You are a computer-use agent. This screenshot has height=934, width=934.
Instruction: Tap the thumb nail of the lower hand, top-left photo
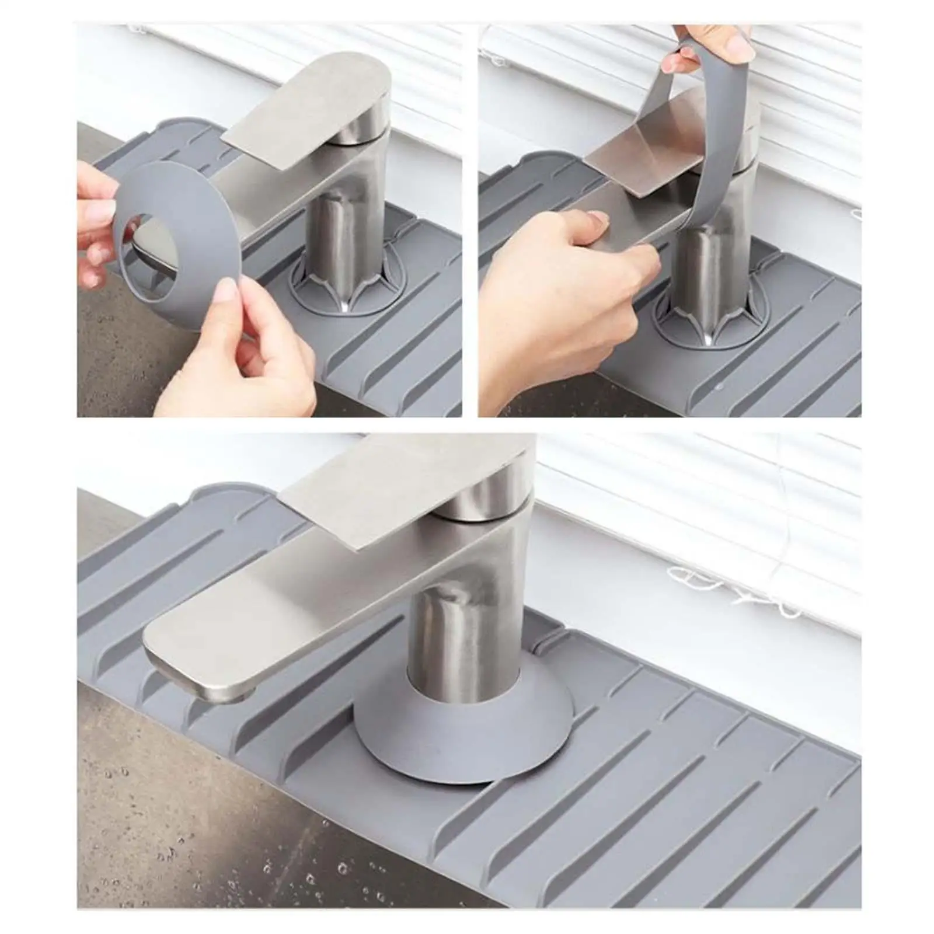coord(224,297)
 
